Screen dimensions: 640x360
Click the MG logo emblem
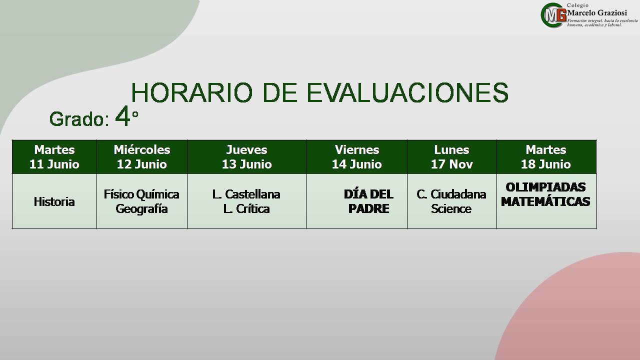click(553, 15)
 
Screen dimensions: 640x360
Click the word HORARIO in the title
click(192, 92)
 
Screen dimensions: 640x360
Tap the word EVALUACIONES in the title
click(407, 92)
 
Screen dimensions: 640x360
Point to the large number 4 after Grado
click(122, 116)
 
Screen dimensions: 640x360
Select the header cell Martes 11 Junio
click(54, 157)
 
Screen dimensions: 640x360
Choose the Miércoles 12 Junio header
click(142, 157)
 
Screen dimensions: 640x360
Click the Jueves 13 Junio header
click(247, 157)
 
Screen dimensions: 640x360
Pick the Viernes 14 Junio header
click(357, 157)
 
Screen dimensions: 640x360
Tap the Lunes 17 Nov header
click(452, 157)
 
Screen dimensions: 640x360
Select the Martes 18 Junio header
click(546, 157)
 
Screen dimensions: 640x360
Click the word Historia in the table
click(54, 201)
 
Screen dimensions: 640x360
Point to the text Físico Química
click(141, 194)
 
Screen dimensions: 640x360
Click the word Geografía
click(141, 209)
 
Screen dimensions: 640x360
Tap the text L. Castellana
click(246, 194)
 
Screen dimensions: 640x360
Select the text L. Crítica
click(246, 209)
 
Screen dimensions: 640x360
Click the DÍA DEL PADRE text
click(368, 201)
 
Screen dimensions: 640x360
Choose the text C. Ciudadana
click(451, 194)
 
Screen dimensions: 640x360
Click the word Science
click(451, 209)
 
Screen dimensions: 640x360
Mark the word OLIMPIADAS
click(545, 187)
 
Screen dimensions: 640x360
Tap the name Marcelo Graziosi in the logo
click(597, 13)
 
